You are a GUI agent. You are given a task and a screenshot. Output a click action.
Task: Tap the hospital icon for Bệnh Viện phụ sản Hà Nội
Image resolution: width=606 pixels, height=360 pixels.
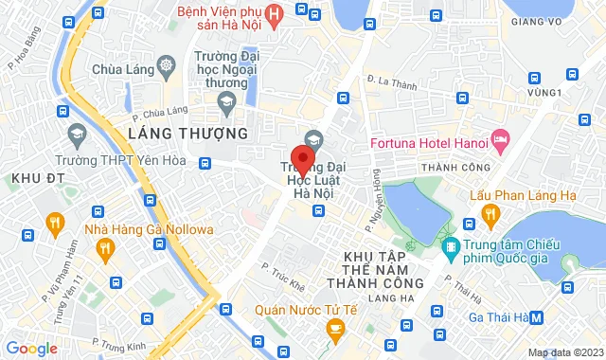(274, 13)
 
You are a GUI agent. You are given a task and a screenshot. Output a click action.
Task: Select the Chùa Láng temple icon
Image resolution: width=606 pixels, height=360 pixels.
(167, 67)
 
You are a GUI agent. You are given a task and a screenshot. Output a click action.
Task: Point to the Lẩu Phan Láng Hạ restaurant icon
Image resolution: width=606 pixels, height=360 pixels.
(489, 219)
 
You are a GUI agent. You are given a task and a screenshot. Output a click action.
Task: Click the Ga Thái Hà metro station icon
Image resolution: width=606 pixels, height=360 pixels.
(537, 317)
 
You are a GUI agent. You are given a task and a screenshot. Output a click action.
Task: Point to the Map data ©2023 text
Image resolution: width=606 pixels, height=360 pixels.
(564, 353)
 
